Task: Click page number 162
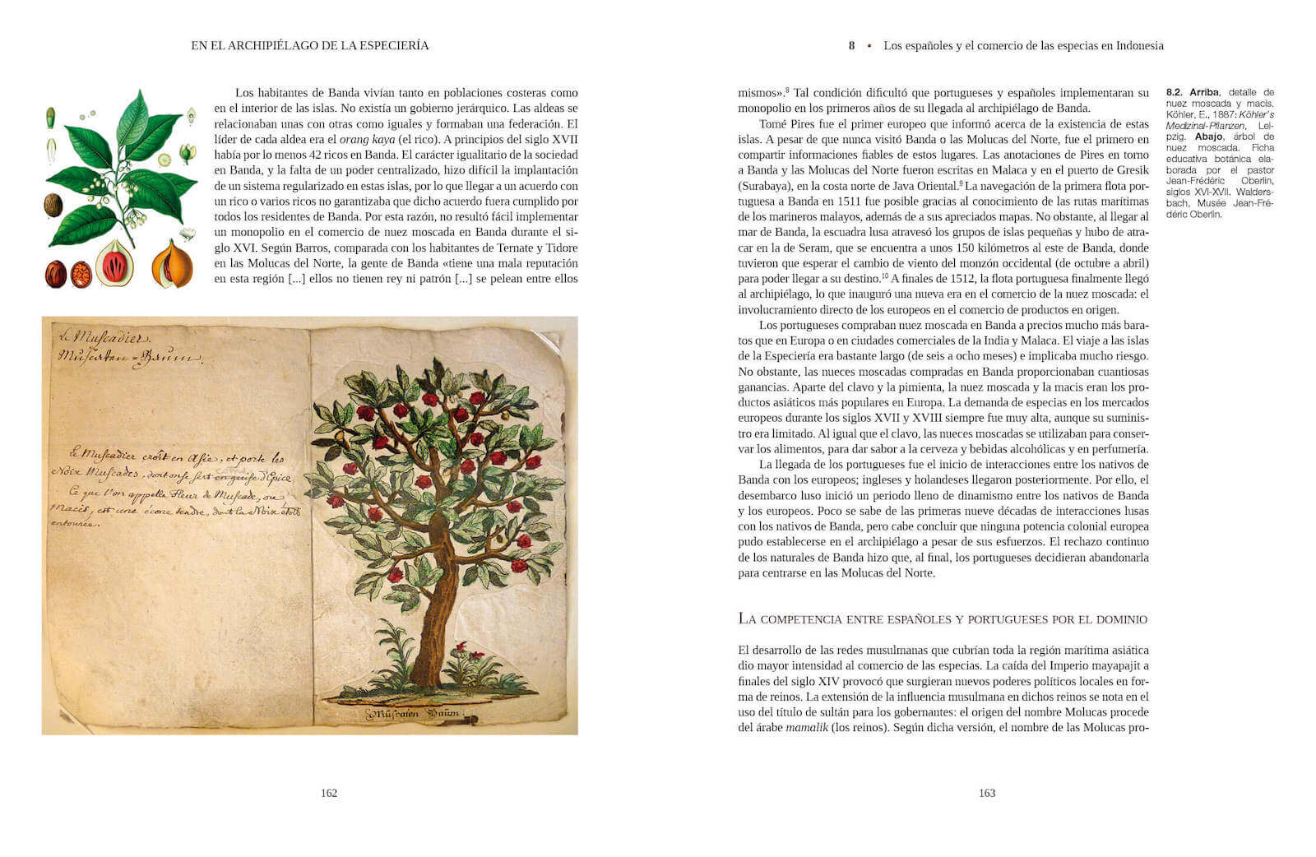click(x=329, y=793)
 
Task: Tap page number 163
click(x=987, y=793)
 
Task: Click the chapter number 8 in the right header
click(x=852, y=46)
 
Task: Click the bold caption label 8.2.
click(x=1175, y=93)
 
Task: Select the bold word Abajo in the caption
click(x=1209, y=137)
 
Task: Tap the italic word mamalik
click(x=807, y=728)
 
